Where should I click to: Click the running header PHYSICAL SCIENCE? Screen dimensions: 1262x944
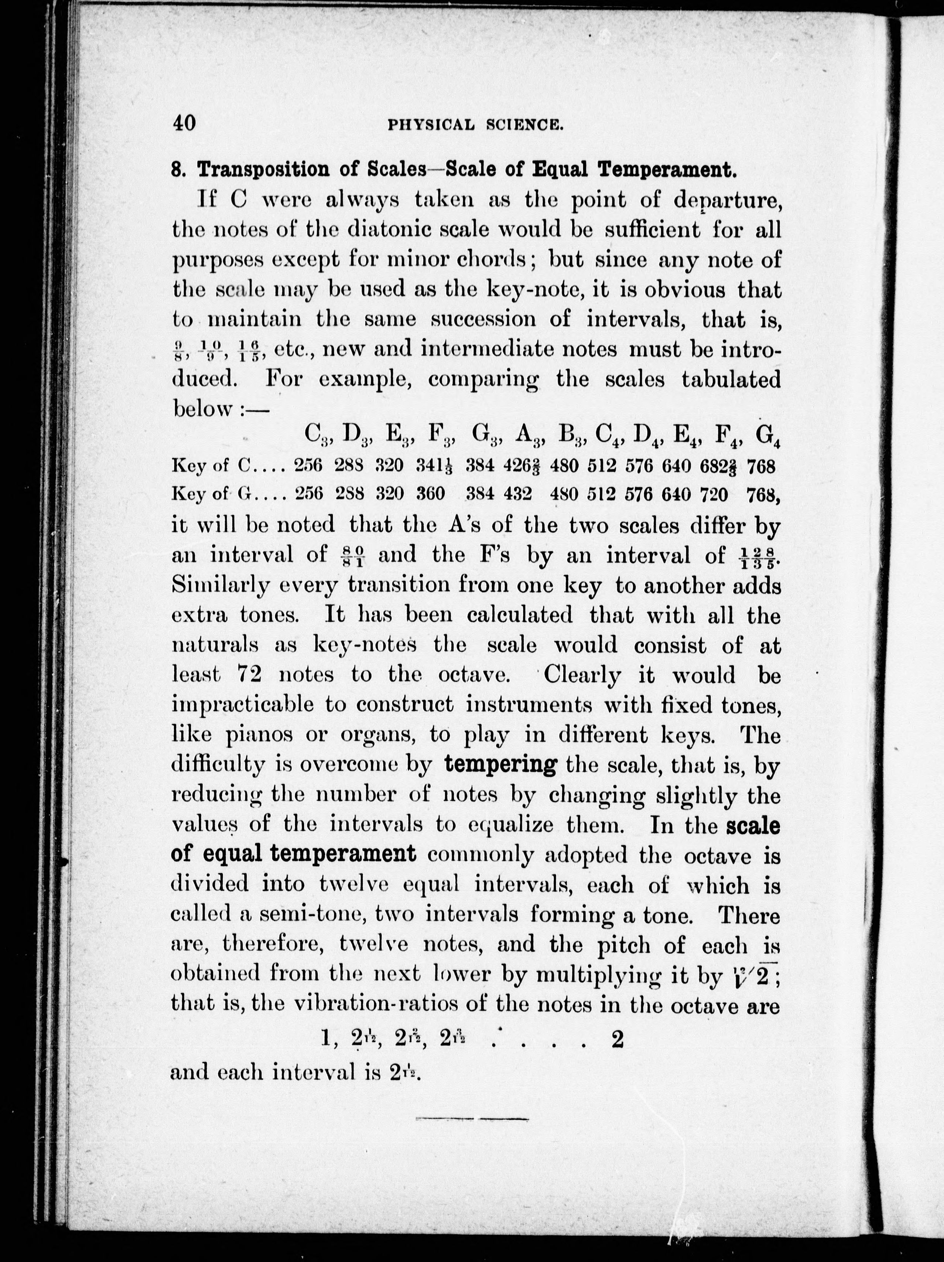pyautogui.click(x=476, y=125)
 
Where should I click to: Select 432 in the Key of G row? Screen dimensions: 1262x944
pyautogui.click(x=518, y=494)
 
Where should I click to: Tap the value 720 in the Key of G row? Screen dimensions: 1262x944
pyautogui.click(x=714, y=494)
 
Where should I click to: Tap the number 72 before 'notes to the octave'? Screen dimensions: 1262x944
pyautogui.click(x=249, y=675)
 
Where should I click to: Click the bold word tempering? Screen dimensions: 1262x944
pyautogui.click(x=500, y=764)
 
